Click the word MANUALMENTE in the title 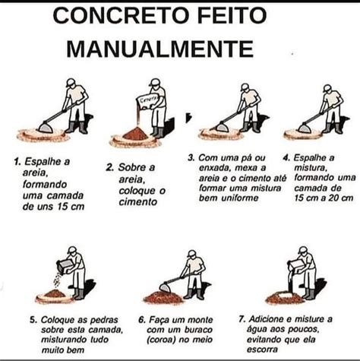(160, 49)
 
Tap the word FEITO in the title (232, 15)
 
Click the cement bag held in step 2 (147, 101)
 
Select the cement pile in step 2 (135, 134)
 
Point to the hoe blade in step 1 (46, 127)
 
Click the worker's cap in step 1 (70, 82)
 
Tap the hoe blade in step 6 (165, 287)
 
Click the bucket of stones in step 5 (65, 266)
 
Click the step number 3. (191, 158)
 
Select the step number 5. (33, 320)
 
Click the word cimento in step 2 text (138, 202)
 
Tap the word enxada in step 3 (216, 168)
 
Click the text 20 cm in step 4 (340, 198)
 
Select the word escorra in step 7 (262, 350)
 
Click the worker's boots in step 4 (332, 128)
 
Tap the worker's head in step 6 (191, 255)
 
